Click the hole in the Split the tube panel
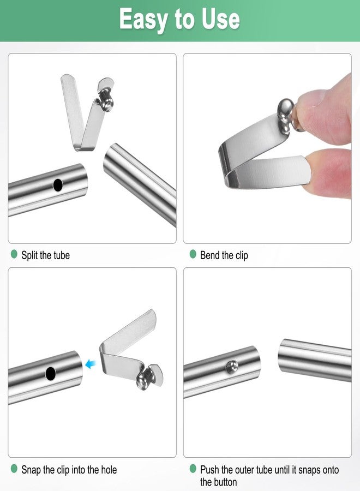(58, 185)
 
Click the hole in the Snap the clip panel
(51, 374)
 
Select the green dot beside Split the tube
(14, 254)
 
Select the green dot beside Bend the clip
(193, 254)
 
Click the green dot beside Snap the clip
(14, 469)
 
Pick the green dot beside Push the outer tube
(193, 469)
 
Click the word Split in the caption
(30, 255)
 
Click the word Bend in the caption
(209, 255)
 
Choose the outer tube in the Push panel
(314, 360)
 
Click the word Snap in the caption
(32, 469)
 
